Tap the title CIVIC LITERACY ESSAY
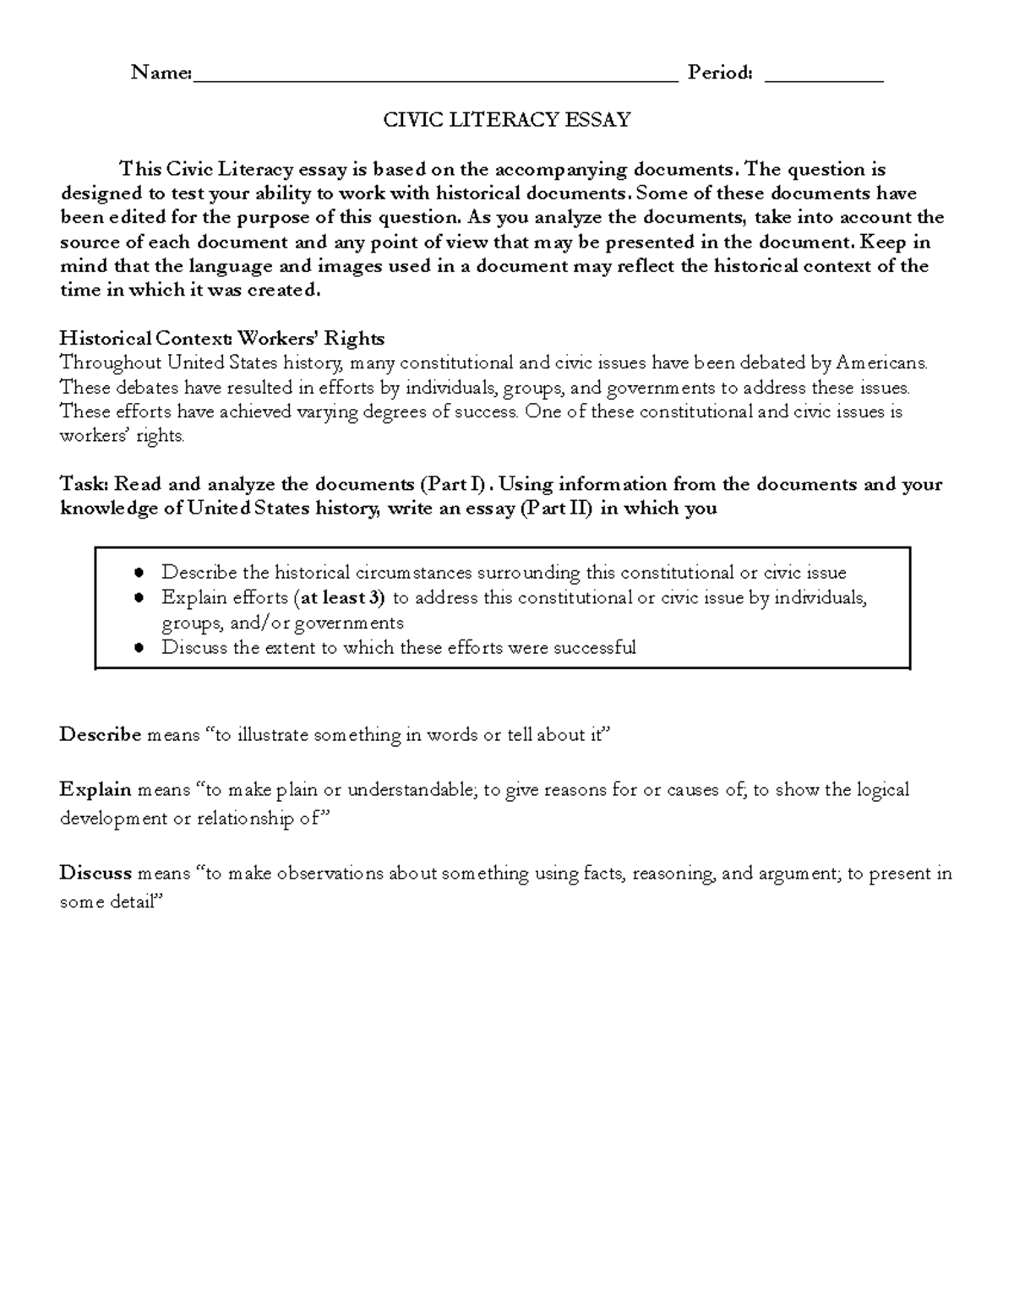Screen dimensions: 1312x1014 [507, 120]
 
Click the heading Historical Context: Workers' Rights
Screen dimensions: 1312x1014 [221, 339]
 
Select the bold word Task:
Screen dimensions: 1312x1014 [84, 485]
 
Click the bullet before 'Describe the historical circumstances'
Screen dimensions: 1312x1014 [140, 574]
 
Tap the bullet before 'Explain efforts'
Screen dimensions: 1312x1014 [140, 599]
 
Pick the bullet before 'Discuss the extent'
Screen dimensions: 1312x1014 [140, 649]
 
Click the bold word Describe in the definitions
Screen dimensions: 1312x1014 [100, 735]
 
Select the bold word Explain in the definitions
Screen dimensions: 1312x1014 [95, 790]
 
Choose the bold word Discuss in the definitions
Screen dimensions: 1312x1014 [95, 874]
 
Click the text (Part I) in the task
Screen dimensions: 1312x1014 [454, 485]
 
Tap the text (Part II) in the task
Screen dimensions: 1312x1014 [556, 509]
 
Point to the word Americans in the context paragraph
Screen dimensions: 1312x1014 [880, 363]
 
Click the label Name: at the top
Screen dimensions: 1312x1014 [161, 73]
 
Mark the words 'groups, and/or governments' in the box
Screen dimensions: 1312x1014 [282, 623]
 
